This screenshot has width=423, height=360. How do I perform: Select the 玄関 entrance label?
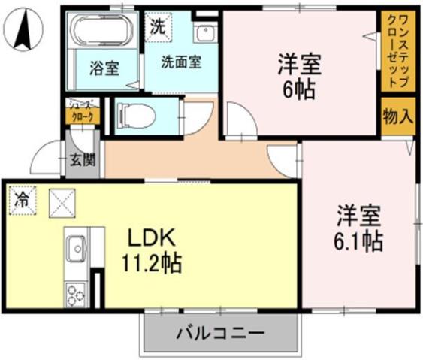coord(83,159)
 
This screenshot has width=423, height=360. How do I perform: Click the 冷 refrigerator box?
coord(22,201)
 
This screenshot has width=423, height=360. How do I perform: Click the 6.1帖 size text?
coord(359,242)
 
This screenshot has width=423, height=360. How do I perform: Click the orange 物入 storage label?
coord(397,116)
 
